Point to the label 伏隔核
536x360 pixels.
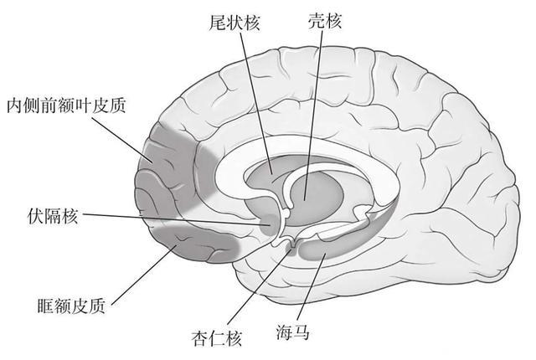(x=53, y=216)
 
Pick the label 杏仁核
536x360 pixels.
(x=215, y=338)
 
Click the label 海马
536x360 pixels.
(x=294, y=332)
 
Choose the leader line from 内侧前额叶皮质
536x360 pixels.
(x=122, y=138)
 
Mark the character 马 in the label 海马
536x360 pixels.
(x=302, y=332)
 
